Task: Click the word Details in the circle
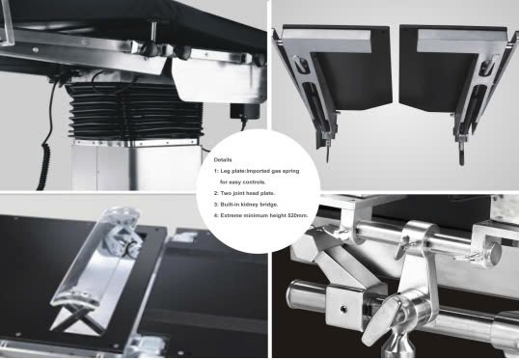(x=223, y=160)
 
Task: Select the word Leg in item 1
(x=225, y=171)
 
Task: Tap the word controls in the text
(x=254, y=182)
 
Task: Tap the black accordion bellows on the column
(x=135, y=111)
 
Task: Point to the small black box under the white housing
(x=245, y=111)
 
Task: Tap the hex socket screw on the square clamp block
(x=343, y=309)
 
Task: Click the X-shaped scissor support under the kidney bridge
(x=78, y=318)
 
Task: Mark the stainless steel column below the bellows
(x=136, y=167)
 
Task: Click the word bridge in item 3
(x=269, y=205)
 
